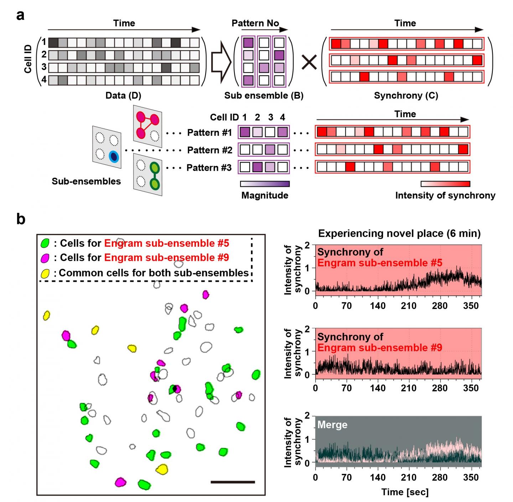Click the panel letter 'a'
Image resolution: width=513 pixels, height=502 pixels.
21,15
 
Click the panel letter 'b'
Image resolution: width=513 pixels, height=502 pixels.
21,219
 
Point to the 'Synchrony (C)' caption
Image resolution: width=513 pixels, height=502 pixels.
406,96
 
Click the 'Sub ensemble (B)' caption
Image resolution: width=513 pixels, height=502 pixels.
264,96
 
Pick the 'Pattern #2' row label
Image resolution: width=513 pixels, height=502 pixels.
209,150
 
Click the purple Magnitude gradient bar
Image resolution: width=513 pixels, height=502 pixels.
265,184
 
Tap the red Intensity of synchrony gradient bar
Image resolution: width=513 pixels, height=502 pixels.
445,184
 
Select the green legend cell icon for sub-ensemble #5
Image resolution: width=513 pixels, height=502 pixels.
45,243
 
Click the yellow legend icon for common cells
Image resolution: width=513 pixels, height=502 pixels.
45,273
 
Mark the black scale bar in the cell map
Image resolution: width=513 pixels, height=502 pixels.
233,482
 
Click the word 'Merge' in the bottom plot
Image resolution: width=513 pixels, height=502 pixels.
332,425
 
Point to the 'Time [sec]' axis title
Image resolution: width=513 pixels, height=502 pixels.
405,492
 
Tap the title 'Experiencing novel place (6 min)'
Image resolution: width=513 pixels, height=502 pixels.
399,234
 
